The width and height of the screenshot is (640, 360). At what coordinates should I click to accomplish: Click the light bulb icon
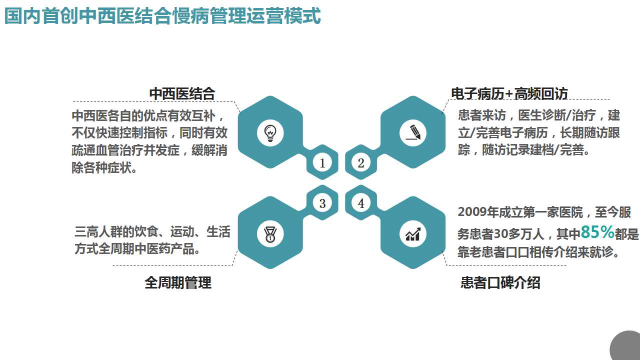(x=270, y=132)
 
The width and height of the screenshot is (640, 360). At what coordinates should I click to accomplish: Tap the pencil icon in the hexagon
(x=413, y=132)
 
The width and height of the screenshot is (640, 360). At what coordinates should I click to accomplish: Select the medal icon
(x=270, y=233)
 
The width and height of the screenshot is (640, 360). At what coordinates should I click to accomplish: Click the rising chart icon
(x=413, y=233)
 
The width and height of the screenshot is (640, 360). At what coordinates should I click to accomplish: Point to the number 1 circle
(x=322, y=163)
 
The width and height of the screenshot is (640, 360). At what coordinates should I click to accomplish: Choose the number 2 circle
(x=361, y=163)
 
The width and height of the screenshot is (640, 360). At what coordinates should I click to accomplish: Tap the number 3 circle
(x=322, y=203)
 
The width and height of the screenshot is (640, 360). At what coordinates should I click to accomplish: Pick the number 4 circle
(x=361, y=203)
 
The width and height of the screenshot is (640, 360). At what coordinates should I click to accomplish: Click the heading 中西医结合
(x=182, y=93)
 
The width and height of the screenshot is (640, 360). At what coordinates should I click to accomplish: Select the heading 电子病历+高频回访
(x=509, y=93)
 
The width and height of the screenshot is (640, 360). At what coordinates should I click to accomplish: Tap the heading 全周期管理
(x=178, y=282)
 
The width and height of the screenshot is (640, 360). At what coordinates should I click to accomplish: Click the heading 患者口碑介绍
(x=500, y=282)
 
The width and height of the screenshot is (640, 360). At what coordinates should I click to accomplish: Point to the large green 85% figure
(x=597, y=232)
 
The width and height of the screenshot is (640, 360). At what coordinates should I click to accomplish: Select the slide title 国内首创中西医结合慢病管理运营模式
(x=162, y=16)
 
